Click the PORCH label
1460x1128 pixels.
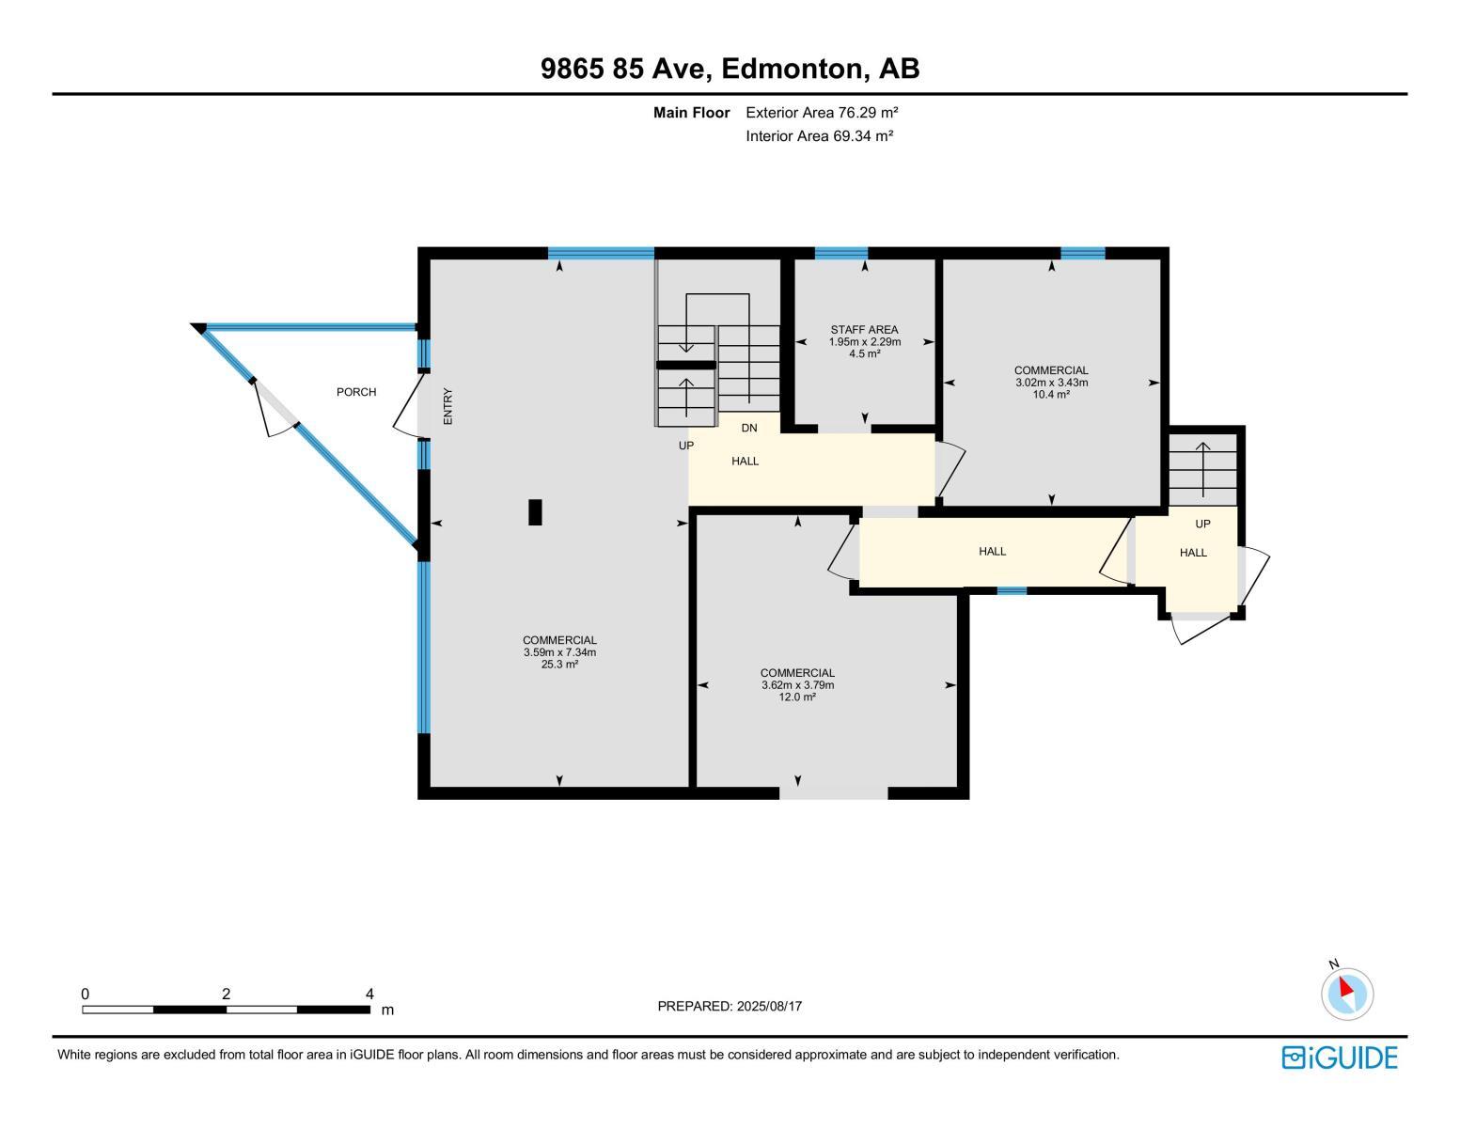point(356,392)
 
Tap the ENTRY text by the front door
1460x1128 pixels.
point(448,406)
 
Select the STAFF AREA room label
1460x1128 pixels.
point(864,330)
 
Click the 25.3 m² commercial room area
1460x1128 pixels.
point(559,664)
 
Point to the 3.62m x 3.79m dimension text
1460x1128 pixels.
point(797,685)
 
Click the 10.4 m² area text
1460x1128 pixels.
point(1051,395)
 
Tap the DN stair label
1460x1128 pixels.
point(749,429)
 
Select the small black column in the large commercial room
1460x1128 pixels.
point(535,511)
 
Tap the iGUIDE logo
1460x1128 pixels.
point(1340,1057)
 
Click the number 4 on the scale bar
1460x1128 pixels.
point(369,994)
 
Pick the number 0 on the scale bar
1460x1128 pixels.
point(86,994)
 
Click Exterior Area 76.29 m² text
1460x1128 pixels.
point(823,113)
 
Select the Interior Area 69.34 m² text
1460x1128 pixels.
point(819,135)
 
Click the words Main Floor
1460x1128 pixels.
point(691,113)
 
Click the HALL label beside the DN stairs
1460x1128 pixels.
point(745,462)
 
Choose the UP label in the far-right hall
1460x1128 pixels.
point(1202,525)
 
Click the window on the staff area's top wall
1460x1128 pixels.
point(840,253)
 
